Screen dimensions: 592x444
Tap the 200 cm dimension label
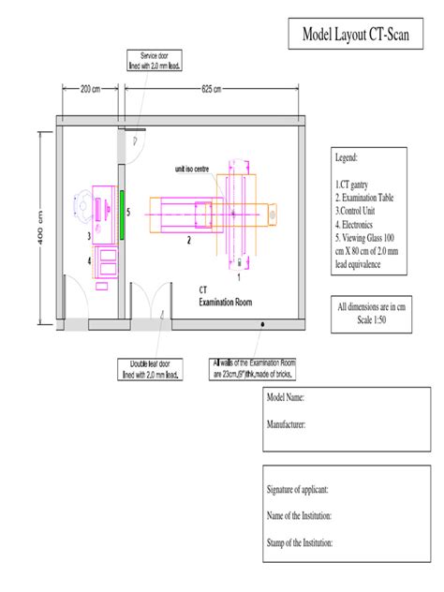coord(90,90)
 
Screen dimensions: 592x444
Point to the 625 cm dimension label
coord(212,90)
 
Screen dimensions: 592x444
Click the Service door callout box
coord(154,62)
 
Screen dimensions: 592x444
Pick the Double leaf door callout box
coord(151,369)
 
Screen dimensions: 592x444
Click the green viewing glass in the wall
coord(122,213)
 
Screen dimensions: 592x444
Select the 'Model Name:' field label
coord(287,397)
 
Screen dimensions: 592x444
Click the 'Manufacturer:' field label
coord(287,424)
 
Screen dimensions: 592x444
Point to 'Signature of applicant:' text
coord(298,490)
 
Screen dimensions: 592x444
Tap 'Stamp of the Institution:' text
coord(301,543)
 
